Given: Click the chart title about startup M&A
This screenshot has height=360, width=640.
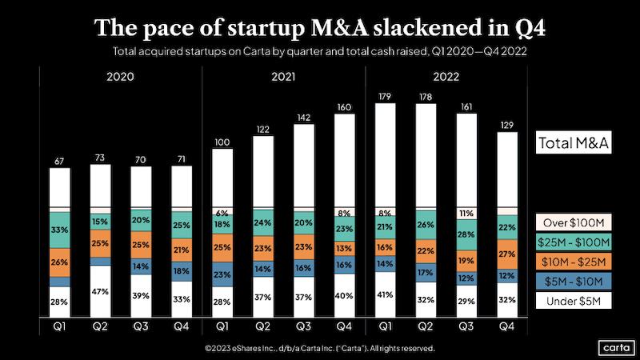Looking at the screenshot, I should [x=321, y=27].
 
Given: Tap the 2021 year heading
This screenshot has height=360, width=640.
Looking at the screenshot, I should [x=282, y=78].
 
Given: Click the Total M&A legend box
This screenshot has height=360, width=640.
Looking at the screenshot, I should [x=573, y=144].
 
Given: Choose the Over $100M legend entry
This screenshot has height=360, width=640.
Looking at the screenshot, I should [x=573, y=222].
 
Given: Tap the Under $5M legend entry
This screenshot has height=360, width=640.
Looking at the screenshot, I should [x=573, y=300].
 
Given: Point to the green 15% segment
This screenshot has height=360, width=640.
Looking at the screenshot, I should [x=101, y=222].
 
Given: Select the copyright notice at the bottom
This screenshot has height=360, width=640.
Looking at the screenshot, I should [x=320, y=349].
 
